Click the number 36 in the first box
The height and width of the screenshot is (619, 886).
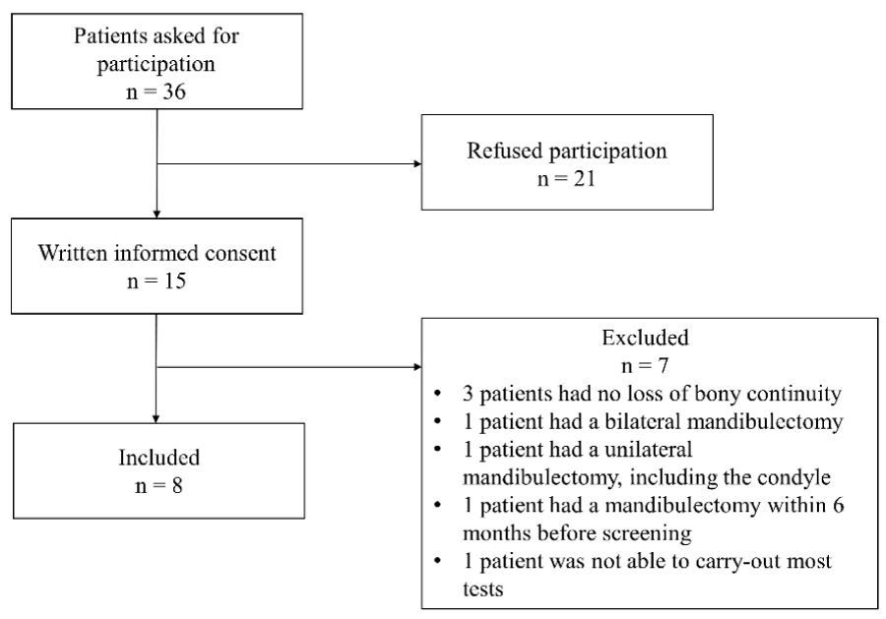(173, 92)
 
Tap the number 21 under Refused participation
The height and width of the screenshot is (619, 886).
(583, 179)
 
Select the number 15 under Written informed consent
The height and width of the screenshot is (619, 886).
(174, 280)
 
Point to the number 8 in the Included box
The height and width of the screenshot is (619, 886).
(177, 486)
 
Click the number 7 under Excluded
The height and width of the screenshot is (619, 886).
(663, 365)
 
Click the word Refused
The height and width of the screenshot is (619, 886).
(505, 151)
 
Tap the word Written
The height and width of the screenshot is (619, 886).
(73, 253)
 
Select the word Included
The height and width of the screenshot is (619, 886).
(159, 458)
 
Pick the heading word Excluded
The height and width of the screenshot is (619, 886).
(645, 338)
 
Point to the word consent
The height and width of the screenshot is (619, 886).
(241, 254)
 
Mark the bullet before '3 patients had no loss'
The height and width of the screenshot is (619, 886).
(437, 394)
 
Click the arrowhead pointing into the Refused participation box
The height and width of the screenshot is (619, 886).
(417, 164)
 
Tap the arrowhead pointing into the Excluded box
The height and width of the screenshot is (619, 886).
(417, 367)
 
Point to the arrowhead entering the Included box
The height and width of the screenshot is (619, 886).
(157, 419)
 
